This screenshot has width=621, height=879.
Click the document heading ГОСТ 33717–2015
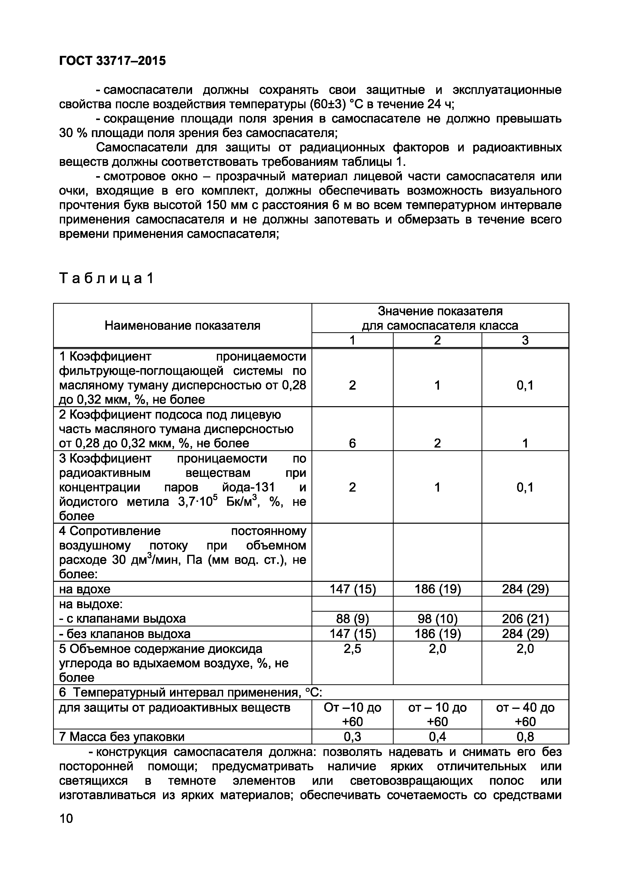pyautogui.click(x=112, y=60)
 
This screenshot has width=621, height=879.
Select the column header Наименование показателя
pyautogui.click(x=183, y=325)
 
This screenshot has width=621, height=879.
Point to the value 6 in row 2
pyautogui.click(x=352, y=443)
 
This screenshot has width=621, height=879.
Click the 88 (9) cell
pyautogui.click(x=352, y=619)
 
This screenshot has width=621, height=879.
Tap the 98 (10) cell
pyautogui.click(x=437, y=619)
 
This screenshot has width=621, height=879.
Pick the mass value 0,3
pyautogui.click(x=352, y=737)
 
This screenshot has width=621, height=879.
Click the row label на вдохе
pyautogui.click(x=85, y=589)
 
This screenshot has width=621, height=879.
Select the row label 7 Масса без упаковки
pyautogui.click(x=122, y=737)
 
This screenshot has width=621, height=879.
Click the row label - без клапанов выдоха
pyautogui.click(x=125, y=634)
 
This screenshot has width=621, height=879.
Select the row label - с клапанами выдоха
pyautogui.click(x=122, y=619)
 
